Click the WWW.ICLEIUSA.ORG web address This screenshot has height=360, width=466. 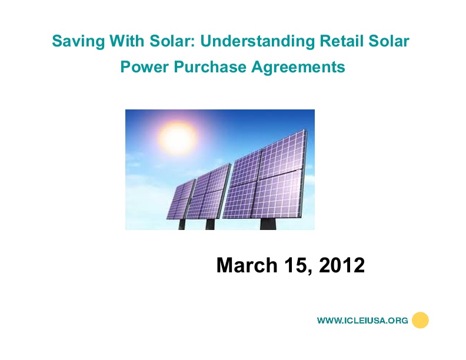(362, 321)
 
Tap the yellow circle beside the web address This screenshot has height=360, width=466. (420, 320)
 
